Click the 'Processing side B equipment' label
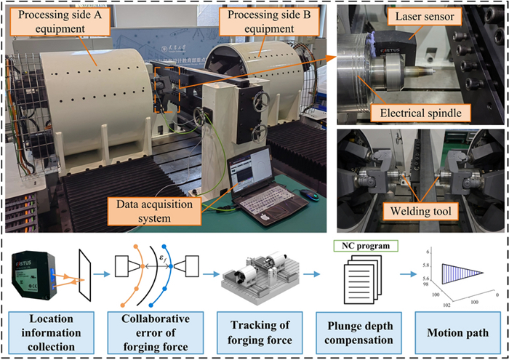coord(263,25)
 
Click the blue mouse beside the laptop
coord(308,194)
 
